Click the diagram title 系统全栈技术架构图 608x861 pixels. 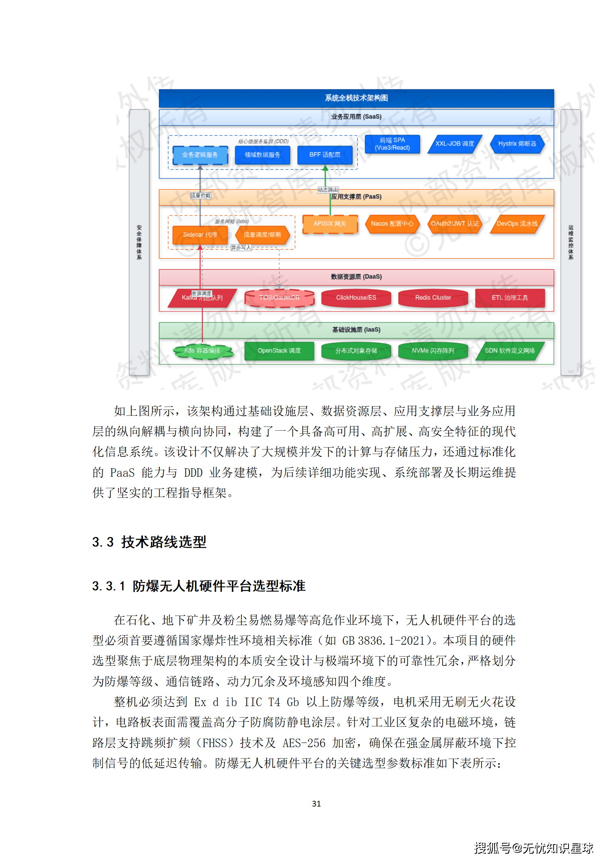[356, 98]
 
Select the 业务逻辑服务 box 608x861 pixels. [200, 155]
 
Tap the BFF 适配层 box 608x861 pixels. [325, 155]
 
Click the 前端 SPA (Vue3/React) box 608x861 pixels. [392, 144]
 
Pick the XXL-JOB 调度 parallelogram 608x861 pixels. [455, 144]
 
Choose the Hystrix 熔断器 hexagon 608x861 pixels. [517, 144]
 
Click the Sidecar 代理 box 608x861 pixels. [200, 235]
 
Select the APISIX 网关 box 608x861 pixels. [330, 224]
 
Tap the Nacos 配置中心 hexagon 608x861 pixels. [392, 224]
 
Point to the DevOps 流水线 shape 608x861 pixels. [517, 224]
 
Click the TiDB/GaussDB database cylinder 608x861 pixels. [279, 298]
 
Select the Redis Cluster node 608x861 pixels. [433, 298]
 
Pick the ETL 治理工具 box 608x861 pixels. [510, 298]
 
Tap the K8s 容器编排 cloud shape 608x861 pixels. [202, 351]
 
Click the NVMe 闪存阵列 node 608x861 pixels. [433, 351]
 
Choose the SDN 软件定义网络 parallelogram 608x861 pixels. [510, 351]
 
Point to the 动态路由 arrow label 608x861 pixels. [328, 190]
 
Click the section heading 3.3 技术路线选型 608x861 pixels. [149, 542]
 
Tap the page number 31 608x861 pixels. [316, 804]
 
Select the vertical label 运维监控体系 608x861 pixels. [571, 242]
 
